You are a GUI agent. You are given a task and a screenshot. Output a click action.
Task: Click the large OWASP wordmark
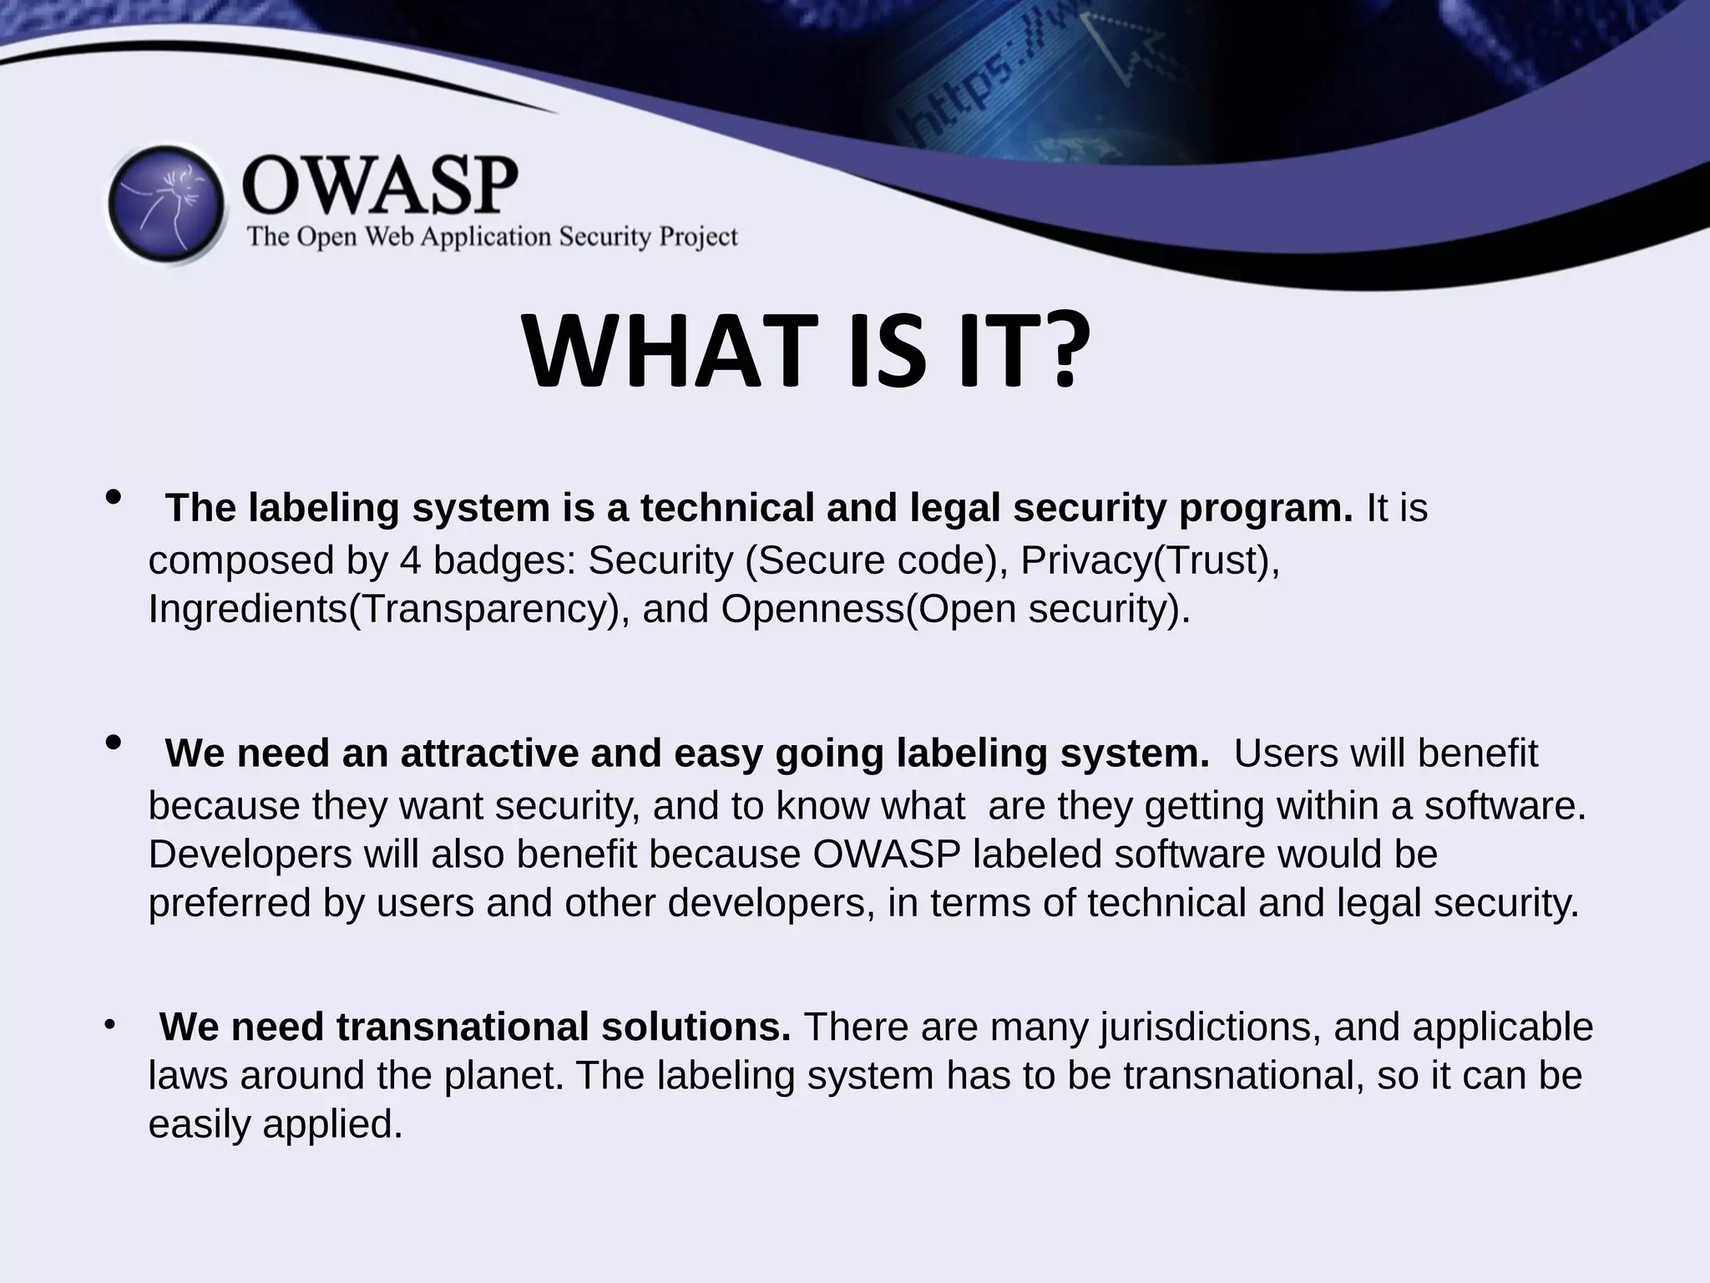pos(380,185)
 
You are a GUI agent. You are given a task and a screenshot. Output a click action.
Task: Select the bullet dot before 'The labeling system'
pos(114,498)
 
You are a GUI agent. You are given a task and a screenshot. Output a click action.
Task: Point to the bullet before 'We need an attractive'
pos(114,743)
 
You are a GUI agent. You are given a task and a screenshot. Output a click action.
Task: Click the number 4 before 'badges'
pos(410,560)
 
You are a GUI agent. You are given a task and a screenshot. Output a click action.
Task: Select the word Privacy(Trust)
pos(1150,560)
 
